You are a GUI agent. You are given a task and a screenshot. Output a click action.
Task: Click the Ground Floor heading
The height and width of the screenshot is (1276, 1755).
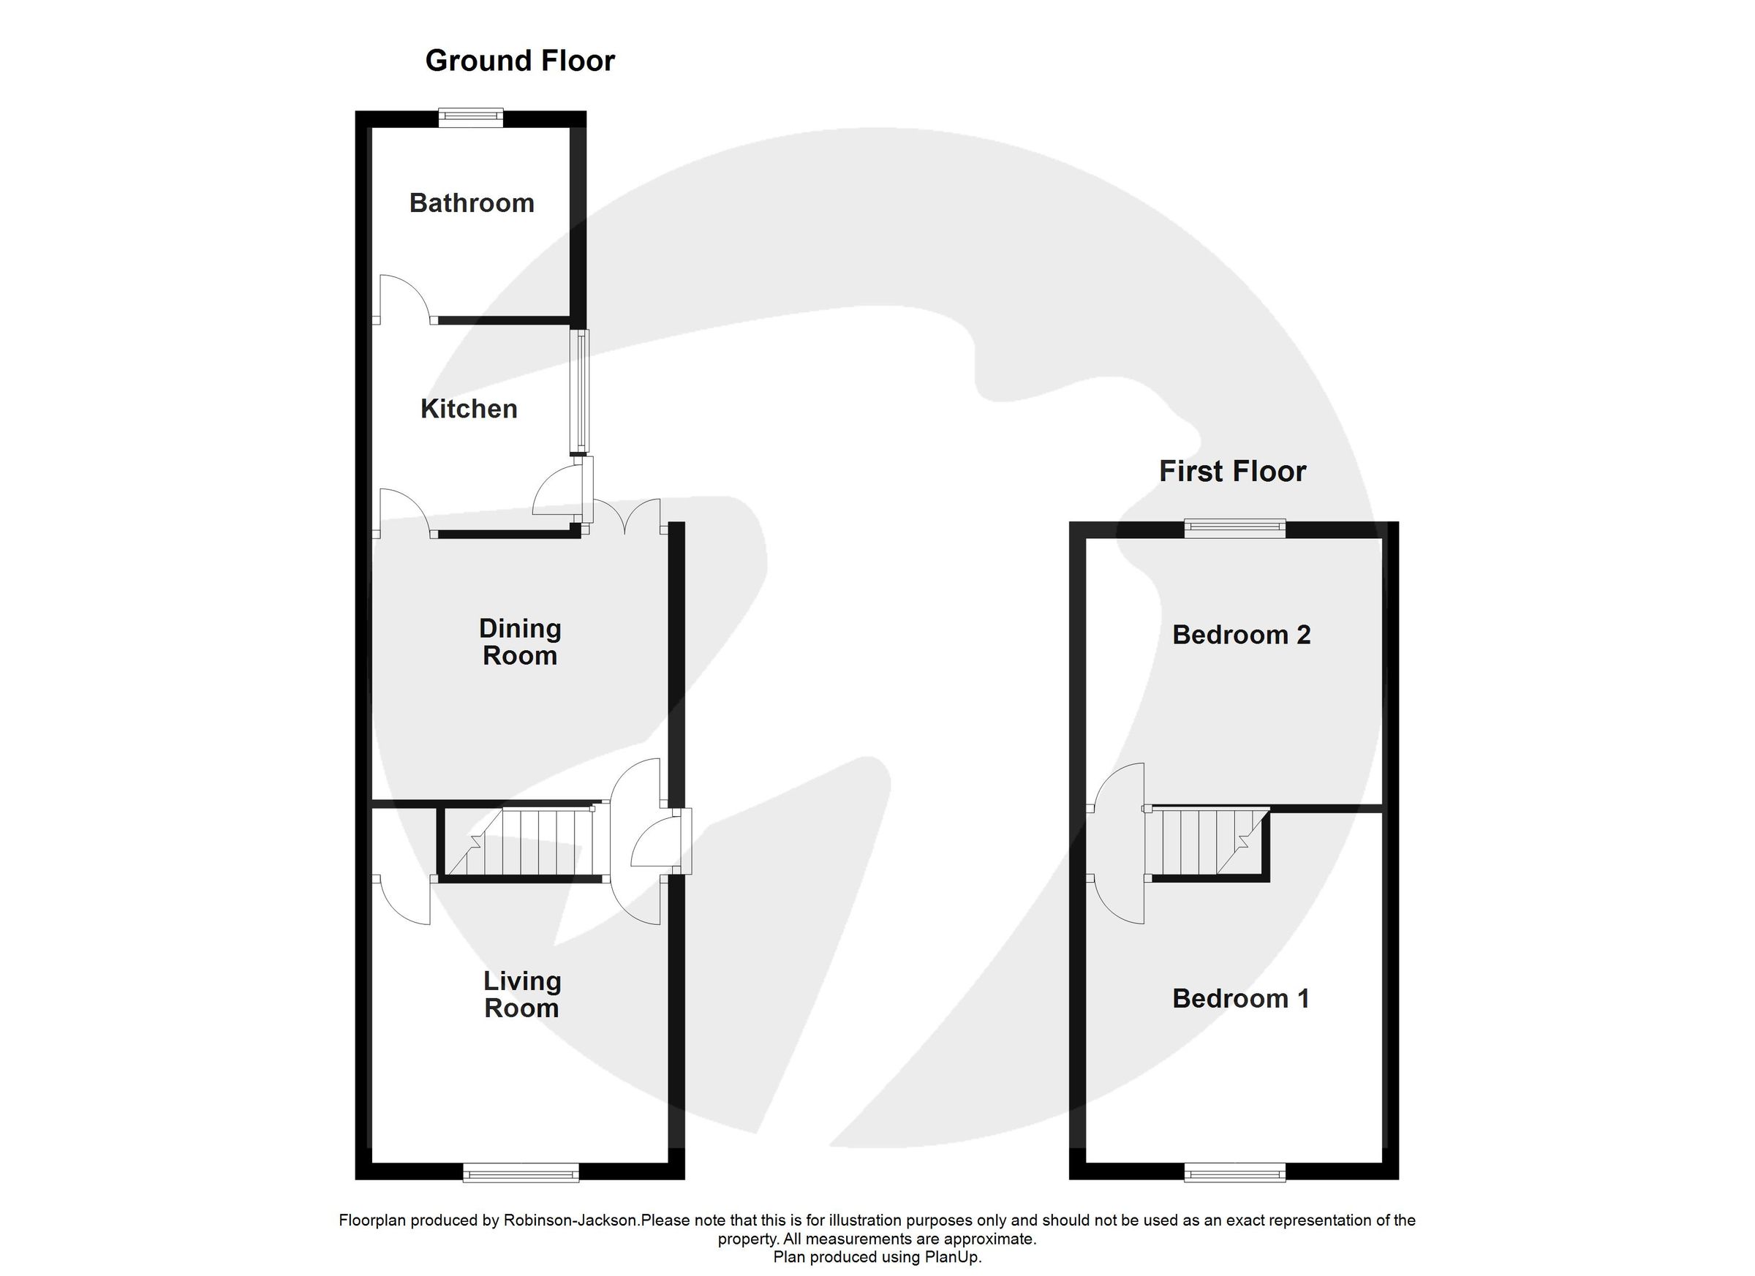[x=520, y=61]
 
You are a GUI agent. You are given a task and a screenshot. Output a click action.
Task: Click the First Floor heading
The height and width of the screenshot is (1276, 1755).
[x=1232, y=471]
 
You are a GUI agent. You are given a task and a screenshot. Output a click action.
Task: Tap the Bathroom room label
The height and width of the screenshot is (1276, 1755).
[x=471, y=203]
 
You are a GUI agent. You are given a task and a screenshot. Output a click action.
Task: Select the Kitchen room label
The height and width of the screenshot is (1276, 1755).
[x=468, y=409]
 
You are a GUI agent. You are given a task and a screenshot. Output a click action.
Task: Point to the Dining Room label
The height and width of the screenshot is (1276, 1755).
[x=520, y=641]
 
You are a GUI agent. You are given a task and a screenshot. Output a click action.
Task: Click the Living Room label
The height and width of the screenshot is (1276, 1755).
[x=521, y=994]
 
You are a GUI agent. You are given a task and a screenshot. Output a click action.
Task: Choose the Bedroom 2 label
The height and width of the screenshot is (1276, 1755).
[x=1241, y=635]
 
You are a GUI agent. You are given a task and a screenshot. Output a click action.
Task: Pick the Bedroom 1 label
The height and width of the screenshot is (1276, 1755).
[x=1240, y=998]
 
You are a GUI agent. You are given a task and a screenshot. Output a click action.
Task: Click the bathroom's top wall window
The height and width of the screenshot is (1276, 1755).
[x=470, y=117]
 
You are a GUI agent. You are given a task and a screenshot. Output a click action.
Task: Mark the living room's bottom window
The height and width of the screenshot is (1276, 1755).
[x=521, y=1174]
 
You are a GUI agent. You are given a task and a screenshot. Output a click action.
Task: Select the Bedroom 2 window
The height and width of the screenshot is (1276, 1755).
[x=1235, y=529]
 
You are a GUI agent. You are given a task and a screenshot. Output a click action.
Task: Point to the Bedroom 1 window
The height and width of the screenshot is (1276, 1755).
[x=1235, y=1174]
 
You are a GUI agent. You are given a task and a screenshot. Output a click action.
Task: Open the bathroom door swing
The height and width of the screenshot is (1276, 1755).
[x=402, y=298]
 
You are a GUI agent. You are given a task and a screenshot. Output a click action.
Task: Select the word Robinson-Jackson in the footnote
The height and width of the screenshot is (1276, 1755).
[x=571, y=1220]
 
